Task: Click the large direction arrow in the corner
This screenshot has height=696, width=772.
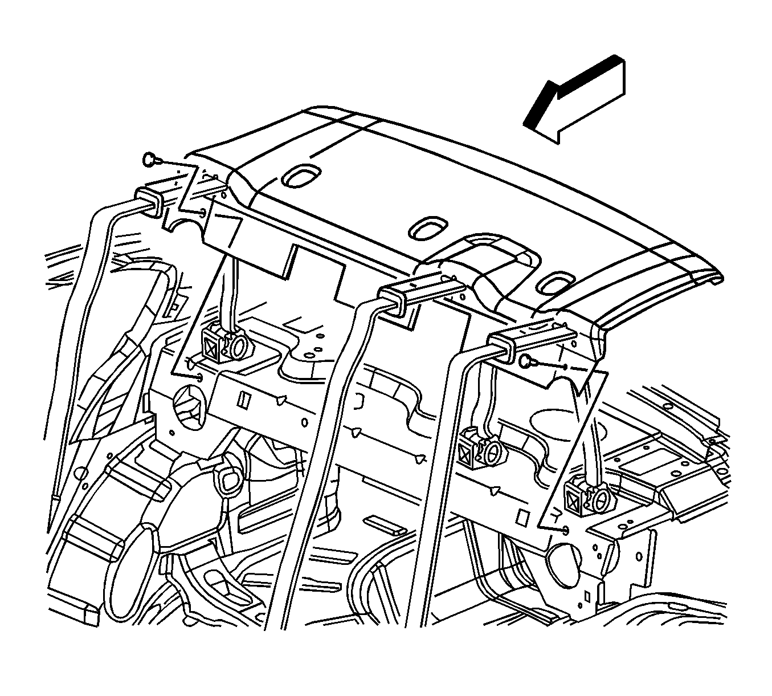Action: tap(575, 99)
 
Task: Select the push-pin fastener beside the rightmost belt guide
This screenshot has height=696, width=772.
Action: tap(526, 360)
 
